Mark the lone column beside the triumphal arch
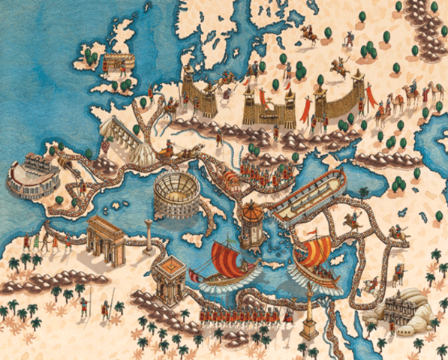tap(149, 234)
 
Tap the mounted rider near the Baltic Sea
tap(308, 33)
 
